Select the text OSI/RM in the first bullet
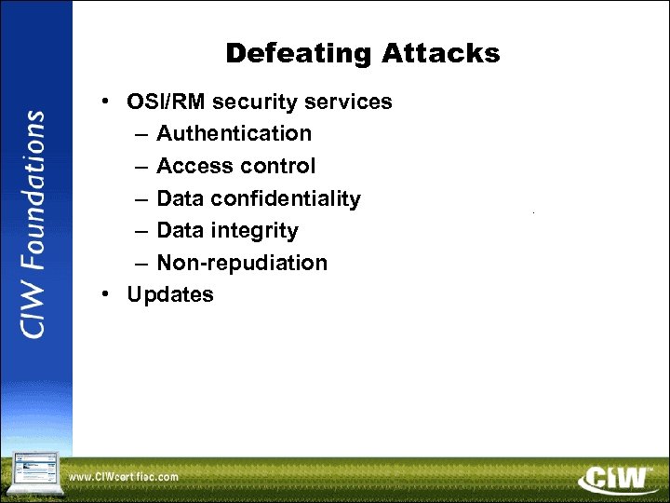164,102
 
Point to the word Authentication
234,133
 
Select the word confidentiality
286,198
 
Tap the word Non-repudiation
242,263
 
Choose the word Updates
170,294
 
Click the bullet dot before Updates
109,294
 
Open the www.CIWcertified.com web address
124,477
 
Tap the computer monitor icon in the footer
34,472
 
